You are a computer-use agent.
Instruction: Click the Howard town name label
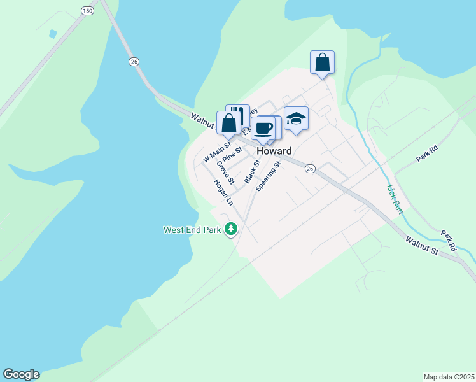tap(274, 152)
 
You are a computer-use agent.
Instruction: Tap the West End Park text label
tap(191, 230)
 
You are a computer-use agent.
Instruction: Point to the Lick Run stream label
tap(393, 199)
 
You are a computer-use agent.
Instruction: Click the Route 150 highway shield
tap(88, 11)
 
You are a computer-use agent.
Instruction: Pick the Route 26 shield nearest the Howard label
tap(310, 168)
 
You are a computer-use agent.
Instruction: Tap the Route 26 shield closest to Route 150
tap(134, 61)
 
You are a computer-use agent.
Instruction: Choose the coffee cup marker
tap(263, 128)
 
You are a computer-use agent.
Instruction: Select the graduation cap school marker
tap(296, 118)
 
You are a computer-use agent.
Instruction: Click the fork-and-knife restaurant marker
tap(238, 115)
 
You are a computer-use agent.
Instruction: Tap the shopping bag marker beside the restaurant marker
tap(228, 123)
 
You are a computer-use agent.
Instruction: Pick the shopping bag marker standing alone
tap(323, 62)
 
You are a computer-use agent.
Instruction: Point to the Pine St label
tap(232, 155)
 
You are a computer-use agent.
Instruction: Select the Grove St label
tap(225, 172)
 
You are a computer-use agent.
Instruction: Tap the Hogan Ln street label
tap(223, 192)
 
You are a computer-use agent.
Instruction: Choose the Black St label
tap(253, 171)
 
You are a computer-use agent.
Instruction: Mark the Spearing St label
tap(269, 176)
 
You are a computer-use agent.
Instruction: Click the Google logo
tap(21, 374)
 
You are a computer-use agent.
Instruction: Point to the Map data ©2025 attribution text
tap(449, 377)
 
